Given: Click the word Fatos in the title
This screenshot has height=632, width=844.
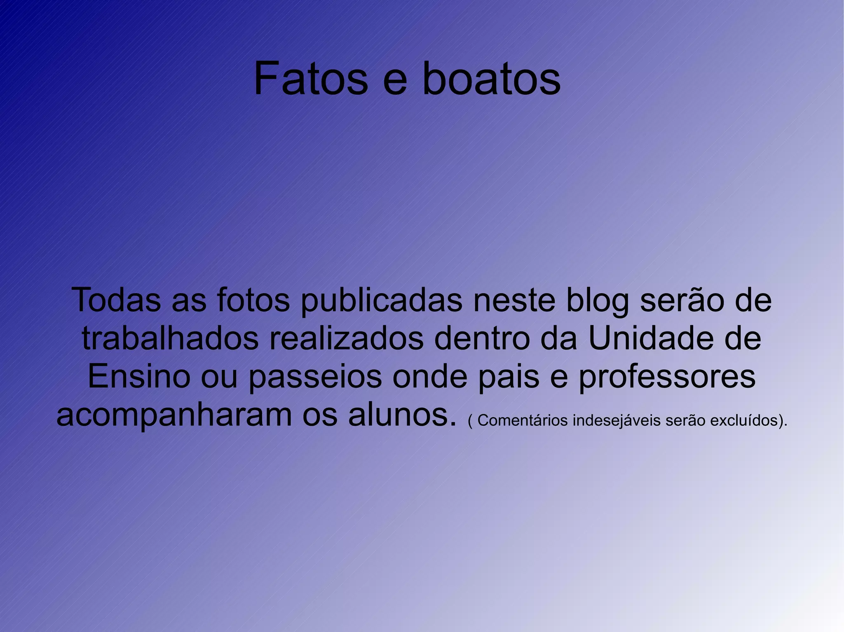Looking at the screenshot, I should click(310, 78).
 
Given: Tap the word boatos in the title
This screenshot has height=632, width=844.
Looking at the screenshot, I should click(491, 78).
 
